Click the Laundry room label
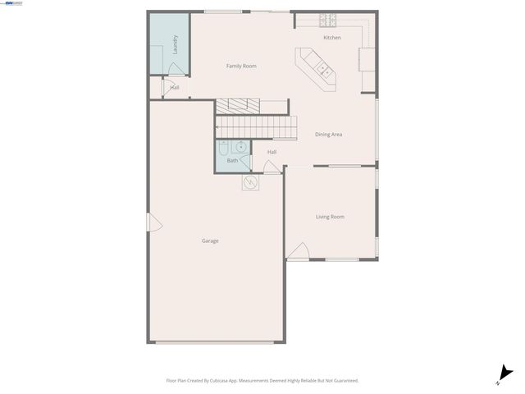coord(175,44)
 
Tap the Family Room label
coord(241,66)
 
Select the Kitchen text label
coord(331,38)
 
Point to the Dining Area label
coord(328,134)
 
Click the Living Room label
coord(330,217)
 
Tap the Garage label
coord(210,241)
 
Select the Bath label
coord(232,161)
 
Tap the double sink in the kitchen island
coord(323,69)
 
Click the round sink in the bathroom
coord(241,148)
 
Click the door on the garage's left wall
coord(150,222)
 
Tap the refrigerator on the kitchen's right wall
coord(366,58)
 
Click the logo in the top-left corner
coord(12,4)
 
